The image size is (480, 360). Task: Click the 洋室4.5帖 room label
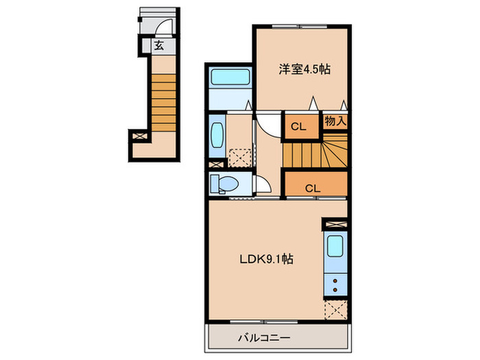(304, 69)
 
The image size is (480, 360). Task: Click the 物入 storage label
(335, 121)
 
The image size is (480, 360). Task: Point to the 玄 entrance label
(158, 46)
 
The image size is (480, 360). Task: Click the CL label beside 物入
(298, 126)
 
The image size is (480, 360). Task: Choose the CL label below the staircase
(313, 187)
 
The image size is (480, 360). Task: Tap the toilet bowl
(224, 183)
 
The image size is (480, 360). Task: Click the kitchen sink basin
(336, 246)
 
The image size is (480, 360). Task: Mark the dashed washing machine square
(239, 158)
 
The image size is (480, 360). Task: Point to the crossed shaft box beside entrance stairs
(138, 138)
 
